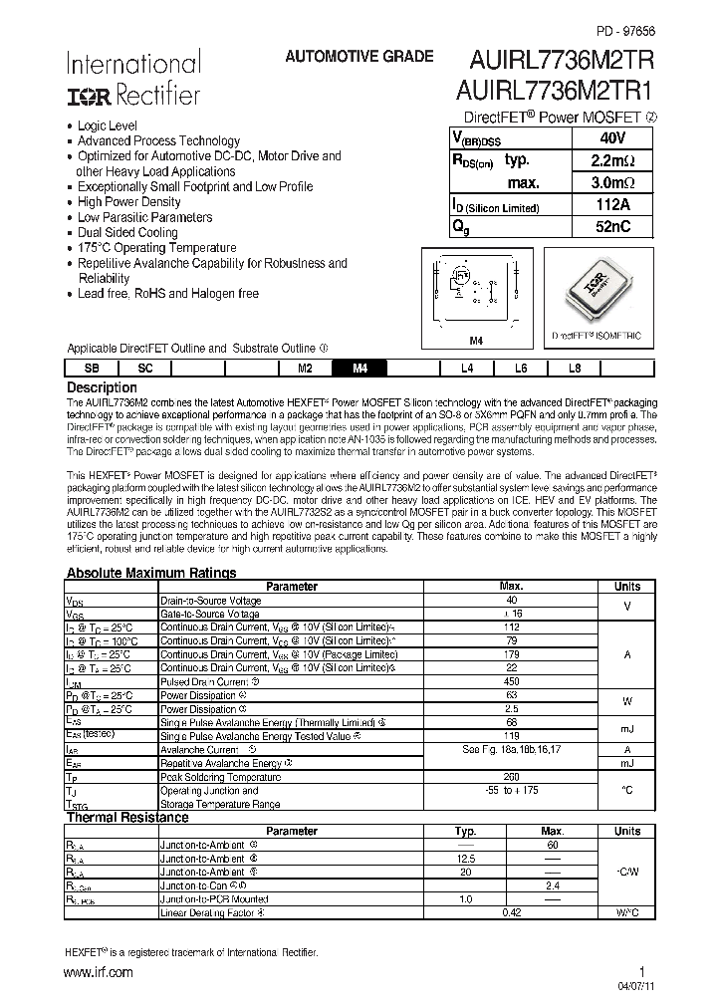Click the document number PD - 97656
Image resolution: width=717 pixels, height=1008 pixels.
click(x=626, y=32)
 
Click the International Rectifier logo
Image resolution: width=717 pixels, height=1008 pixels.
click(x=133, y=79)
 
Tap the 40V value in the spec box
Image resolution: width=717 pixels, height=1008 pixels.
click(x=612, y=138)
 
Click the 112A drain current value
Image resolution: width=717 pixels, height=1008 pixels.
click(x=612, y=205)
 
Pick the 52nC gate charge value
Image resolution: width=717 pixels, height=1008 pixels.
click(x=612, y=227)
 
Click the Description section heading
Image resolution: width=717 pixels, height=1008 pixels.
click(x=102, y=386)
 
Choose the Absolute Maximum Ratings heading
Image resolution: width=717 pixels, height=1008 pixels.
click(x=150, y=573)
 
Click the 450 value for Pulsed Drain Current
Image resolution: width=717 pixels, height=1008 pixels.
click(x=512, y=682)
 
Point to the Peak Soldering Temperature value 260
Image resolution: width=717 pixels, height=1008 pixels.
click(x=512, y=775)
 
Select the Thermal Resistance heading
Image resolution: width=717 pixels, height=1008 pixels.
click(x=126, y=818)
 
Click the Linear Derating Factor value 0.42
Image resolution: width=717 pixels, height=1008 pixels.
click(x=512, y=912)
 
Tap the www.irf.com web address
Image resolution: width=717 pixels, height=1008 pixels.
click(x=99, y=972)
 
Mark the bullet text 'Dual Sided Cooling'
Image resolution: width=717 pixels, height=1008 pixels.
click(x=127, y=232)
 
